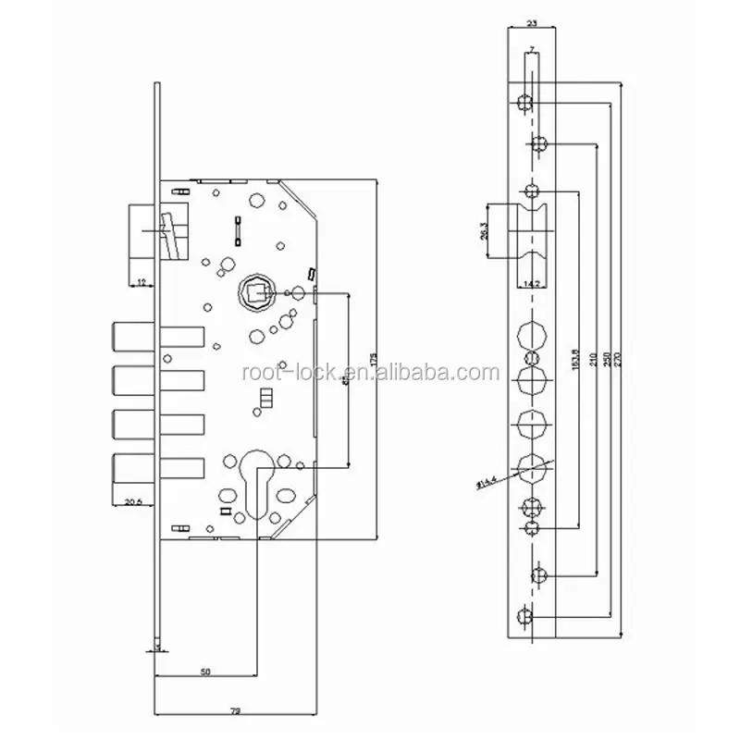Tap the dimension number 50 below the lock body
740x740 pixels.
(204, 672)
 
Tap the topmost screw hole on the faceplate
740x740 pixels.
(525, 100)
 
